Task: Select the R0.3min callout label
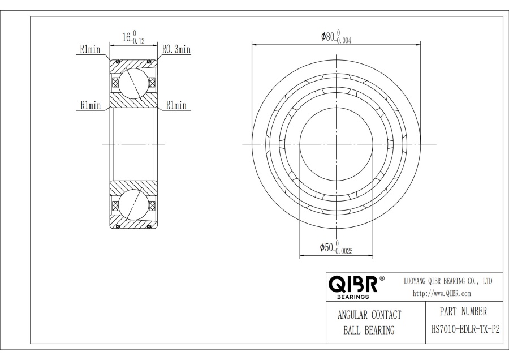coord(176,50)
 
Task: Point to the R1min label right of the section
coord(176,105)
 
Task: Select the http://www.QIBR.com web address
coord(442,293)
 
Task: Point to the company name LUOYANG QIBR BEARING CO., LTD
coord(448,281)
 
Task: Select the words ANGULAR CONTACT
coord(369,315)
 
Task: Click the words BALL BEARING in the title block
coord(369,331)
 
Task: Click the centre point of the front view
coord(337,144)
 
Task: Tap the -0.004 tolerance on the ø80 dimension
coord(346,41)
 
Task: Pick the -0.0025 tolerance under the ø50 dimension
coord(344,251)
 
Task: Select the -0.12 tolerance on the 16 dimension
coord(138,41)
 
